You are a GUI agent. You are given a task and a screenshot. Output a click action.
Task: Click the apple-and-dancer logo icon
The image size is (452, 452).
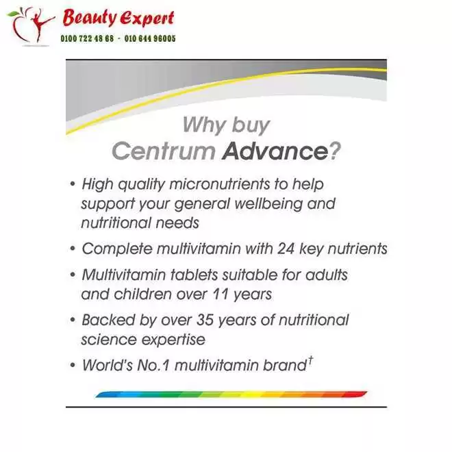click(x=31, y=25)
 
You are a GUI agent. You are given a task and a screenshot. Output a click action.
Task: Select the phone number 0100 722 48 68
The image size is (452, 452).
click(x=88, y=39)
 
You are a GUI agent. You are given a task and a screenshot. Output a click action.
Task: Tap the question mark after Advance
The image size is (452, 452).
click(x=335, y=151)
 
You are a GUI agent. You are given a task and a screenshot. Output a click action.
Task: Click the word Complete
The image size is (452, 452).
click(x=112, y=249)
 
